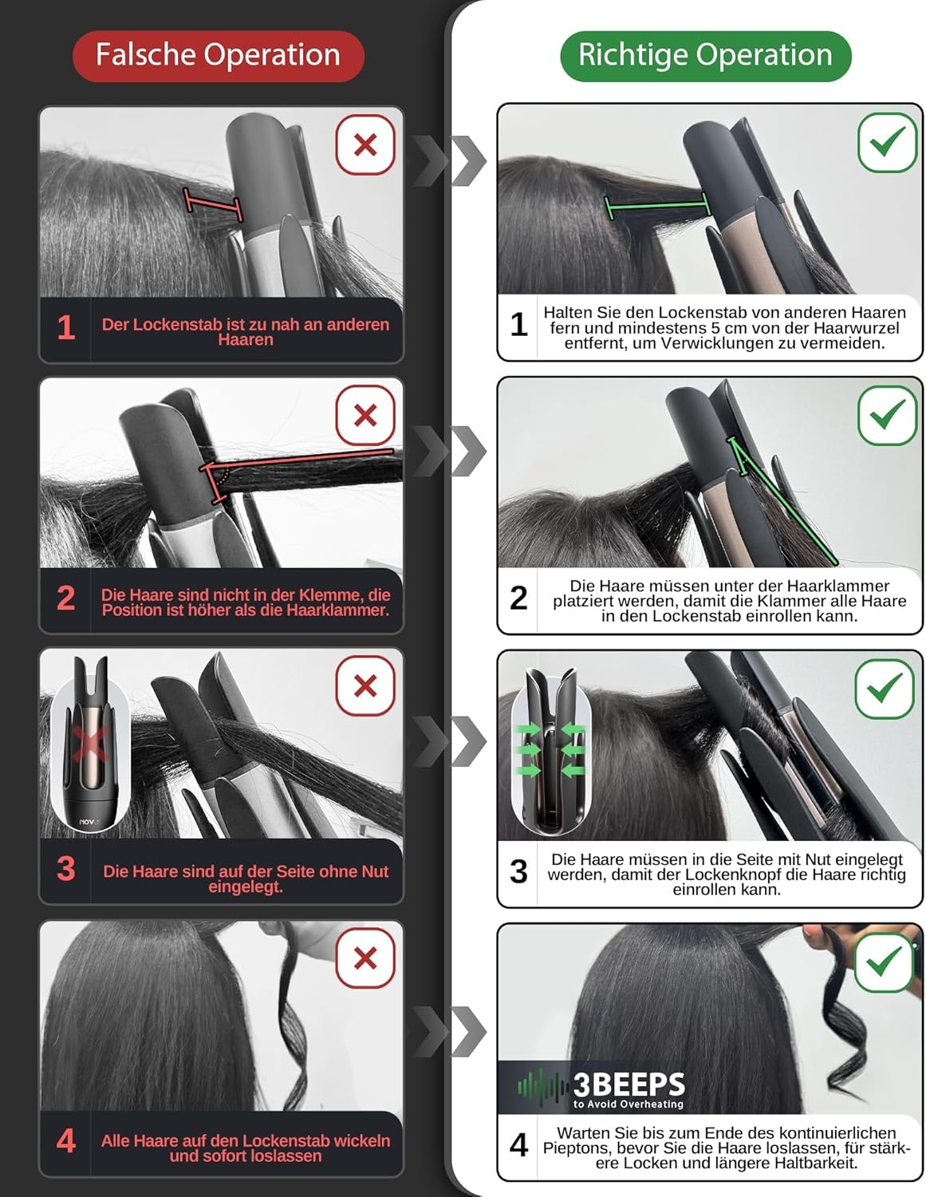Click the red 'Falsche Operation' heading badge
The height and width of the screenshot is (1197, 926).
[x=218, y=55]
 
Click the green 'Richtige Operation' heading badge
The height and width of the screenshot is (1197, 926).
[x=705, y=55]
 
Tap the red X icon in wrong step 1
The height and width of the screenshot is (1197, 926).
[x=365, y=144]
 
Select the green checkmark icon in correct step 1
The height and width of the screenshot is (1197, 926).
[x=887, y=142]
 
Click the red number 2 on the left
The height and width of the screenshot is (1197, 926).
[x=65, y=598]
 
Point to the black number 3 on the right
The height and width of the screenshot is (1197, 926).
[x=518, y=871]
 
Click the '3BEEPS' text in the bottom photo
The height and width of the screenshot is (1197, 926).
[x=628, y=1084]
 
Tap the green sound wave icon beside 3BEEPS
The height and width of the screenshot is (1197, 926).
[x=542, y=1086]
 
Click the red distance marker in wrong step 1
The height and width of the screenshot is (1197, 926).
[x=213, y=203]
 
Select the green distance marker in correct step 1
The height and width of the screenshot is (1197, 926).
[x=657, y=205]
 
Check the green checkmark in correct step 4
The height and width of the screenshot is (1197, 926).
[x=884, y=961]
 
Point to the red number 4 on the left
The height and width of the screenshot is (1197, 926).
[x=65, y=1141]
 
